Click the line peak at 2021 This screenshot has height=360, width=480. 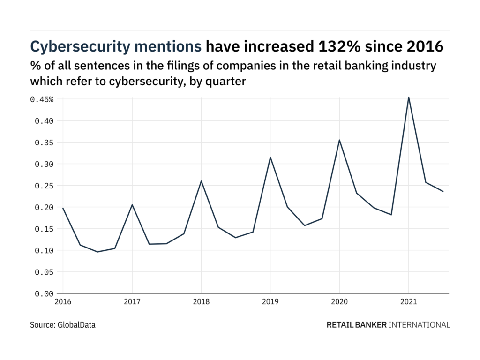(x=409, y=97)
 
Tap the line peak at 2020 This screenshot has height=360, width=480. (x=339, y=140)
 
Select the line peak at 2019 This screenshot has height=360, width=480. (x=270, y=157)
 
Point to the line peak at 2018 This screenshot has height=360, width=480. (x=201, y=181)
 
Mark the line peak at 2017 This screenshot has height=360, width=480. (x=132, y=205)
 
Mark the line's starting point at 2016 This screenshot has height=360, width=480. (x=63, y=208)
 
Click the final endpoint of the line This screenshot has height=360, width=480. (x=443, y=191)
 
